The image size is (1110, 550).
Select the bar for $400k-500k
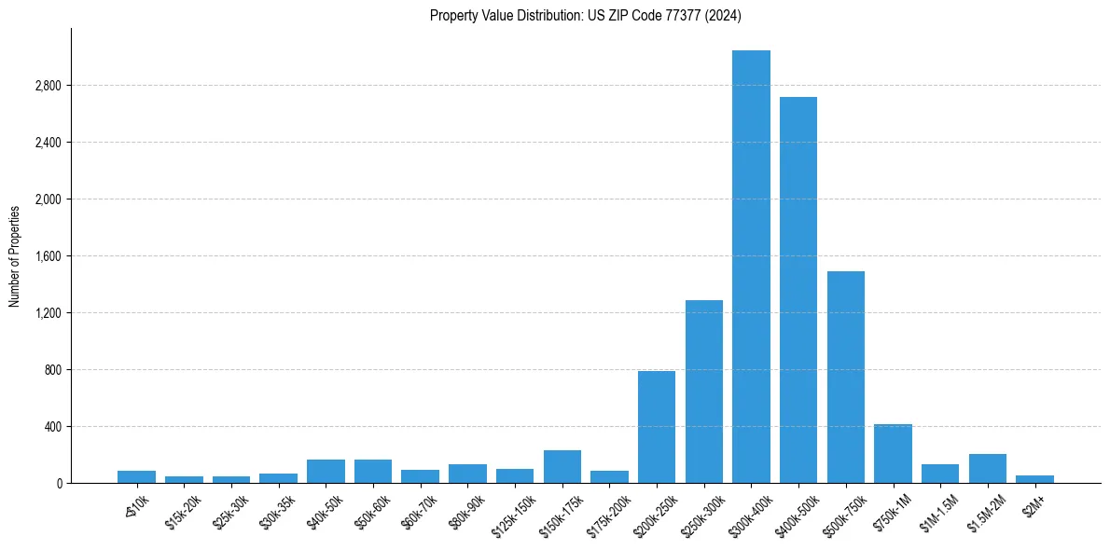pos(798,290)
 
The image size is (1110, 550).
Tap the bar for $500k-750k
pos(846,377)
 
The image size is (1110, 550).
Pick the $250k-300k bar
pos(704,392)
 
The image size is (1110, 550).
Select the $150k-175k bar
pos(562,466)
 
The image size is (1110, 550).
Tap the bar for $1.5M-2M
pos(988,468)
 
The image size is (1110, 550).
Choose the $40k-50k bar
pos(326,471)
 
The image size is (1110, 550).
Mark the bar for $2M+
pos(1034,479)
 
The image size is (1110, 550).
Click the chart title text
pos(586,16)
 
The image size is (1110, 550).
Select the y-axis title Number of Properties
pos(15,255)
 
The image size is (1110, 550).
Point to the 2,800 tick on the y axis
pos(48,86)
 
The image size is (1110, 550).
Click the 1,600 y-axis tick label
pos(48,256)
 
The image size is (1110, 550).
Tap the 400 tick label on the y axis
pos(52,427)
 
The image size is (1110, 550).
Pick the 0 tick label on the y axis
pos(59,484)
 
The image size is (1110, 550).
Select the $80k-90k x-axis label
pos(465,512)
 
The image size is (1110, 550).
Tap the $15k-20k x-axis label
pos(181,512)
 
